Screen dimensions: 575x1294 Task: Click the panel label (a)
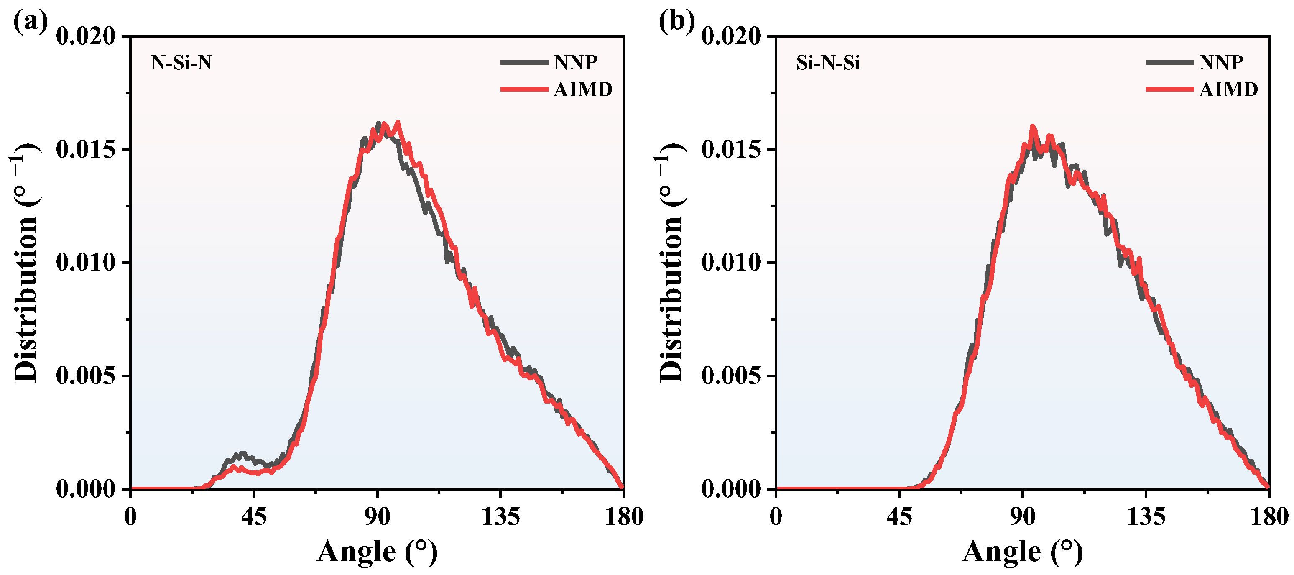click(x=30, y=22)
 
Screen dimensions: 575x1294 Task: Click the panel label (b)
click(x=676, y=22)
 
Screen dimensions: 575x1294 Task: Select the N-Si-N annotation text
click(x=181, y=63)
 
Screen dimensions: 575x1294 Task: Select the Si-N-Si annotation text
click(x=828, y=63)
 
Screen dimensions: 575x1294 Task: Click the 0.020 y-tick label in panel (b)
click(x=731, y=36)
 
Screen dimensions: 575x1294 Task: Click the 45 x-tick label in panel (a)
click(x=254, y=517)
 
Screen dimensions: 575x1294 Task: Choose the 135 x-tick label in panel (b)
click(x=1146, y=517)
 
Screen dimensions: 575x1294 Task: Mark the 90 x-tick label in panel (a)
click(x=377, y=517)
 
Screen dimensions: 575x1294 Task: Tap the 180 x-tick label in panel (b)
click(x=1269, y=517)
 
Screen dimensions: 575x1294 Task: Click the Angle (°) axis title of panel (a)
click(x=377, y=552)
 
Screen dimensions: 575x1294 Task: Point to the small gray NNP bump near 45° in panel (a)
click(x=242, y=455)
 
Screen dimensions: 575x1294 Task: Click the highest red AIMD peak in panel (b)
click(x=1033, y=127)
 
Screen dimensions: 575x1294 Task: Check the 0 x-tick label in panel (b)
click(x=776, y=517)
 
